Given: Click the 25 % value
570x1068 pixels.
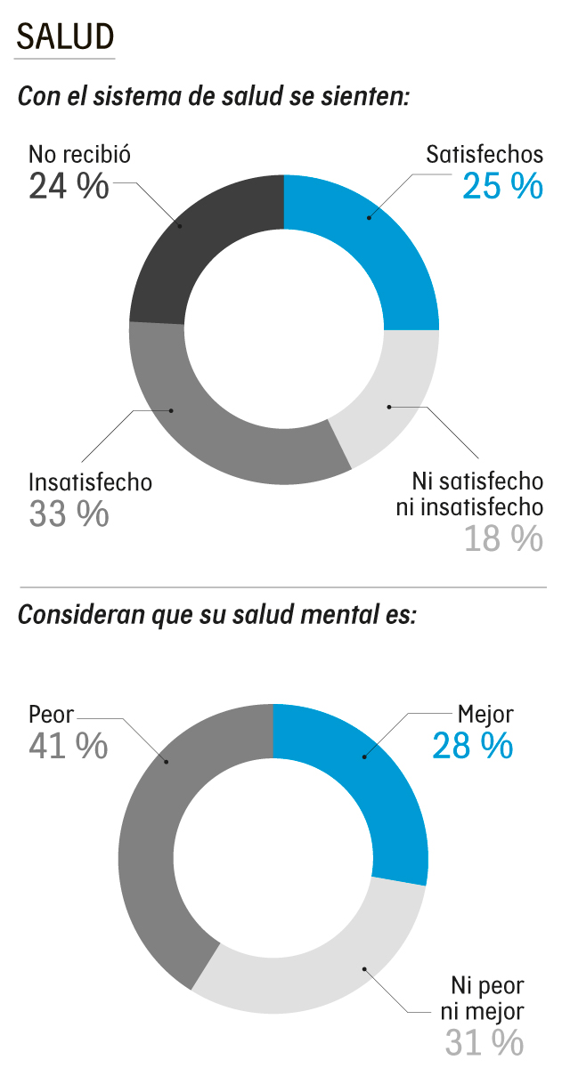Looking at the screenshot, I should coord(502,187).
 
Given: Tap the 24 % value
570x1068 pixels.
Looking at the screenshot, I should coord(69,187).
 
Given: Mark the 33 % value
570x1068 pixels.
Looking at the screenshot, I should coord(69,514).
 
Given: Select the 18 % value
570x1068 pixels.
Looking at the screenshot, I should coord(502,538).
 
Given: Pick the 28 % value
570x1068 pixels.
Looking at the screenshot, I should coord(473,746).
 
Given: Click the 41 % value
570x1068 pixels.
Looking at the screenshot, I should coord(69,746).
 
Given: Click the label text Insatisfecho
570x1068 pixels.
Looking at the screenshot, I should coord(90,482).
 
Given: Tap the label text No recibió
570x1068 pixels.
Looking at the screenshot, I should coord(80,154).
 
